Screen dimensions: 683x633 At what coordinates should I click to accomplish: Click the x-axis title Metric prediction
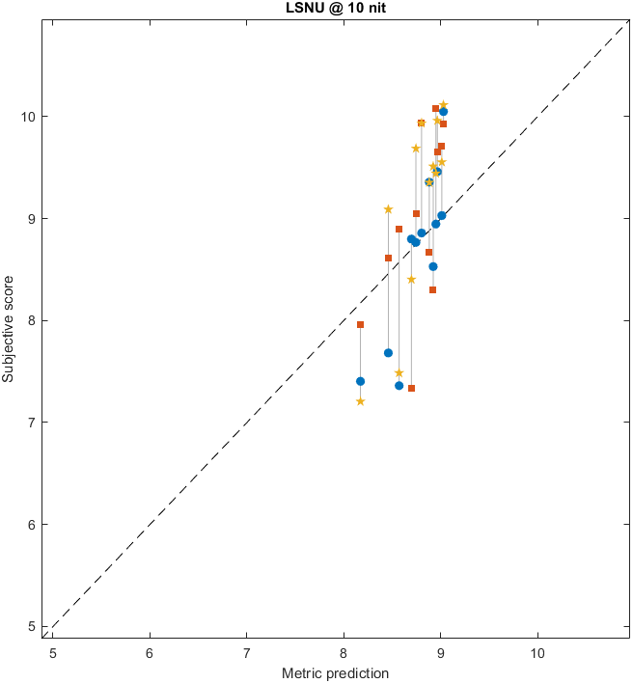(335, 672)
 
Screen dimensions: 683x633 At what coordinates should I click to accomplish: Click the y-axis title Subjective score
(10, 329)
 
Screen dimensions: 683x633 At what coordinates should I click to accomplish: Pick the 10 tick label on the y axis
(30, 117)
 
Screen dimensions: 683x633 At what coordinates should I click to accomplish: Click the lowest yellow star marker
(360, 401)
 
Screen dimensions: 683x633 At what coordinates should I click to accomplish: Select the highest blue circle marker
(443, 112)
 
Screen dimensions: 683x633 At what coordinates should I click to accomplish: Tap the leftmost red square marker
(360, 324)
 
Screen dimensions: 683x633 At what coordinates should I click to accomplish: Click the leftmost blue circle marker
(360, 381)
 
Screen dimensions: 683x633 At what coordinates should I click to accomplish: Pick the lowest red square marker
(411, 388)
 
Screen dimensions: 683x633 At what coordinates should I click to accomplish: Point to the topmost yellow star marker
(443, 105)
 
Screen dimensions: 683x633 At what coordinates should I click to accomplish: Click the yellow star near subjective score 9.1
(388, 209)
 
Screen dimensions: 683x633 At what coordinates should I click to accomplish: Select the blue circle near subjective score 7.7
(388, 353)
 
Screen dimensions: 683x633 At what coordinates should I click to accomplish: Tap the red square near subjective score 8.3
(432, 289)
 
